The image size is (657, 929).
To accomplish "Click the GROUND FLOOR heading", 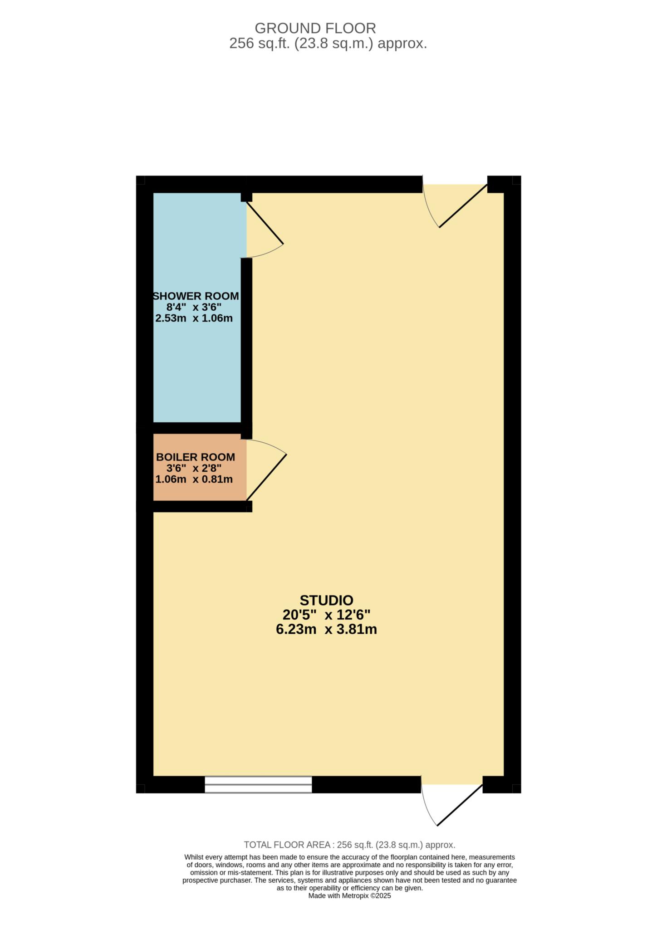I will click(x=315, y=28).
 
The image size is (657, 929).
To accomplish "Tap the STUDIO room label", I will click(x=326, y=600).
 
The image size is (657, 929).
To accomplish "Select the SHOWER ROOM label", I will click(x=196, y=296).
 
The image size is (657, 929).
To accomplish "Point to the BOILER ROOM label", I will click(x=196, y=457).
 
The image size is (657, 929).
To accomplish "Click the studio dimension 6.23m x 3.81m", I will click(x=326, y=630).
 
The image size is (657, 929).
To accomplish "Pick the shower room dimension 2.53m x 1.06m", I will click(x=194, y=318).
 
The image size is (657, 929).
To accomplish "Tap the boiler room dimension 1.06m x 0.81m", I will click(x=194, y=479).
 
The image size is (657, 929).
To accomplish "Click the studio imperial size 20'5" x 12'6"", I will click(x=326, y=615).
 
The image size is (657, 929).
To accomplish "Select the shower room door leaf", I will click(x=265, y=223).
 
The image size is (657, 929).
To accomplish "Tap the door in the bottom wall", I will click(x=460, y=805).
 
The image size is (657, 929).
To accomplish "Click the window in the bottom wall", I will click(x=258, y=784).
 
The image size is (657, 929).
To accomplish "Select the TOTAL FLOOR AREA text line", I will click(x=349, y=845).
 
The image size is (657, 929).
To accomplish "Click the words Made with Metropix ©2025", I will click(x=349, y=896).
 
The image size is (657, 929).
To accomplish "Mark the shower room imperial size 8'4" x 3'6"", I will click(x=194, y=307).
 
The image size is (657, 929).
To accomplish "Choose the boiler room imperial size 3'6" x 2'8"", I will click(x=194, y=468).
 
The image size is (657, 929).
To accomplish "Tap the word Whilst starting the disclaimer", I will click(x=194, y=857).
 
